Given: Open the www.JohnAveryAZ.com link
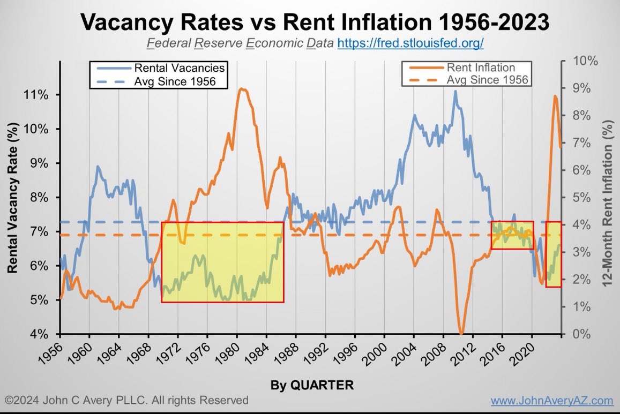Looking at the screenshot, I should tap(552, 401).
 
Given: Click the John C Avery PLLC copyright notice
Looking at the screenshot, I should tap(127, 401).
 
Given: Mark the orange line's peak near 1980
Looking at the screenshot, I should tap(242, 89).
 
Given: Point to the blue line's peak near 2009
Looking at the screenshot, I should tap(455, 91).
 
